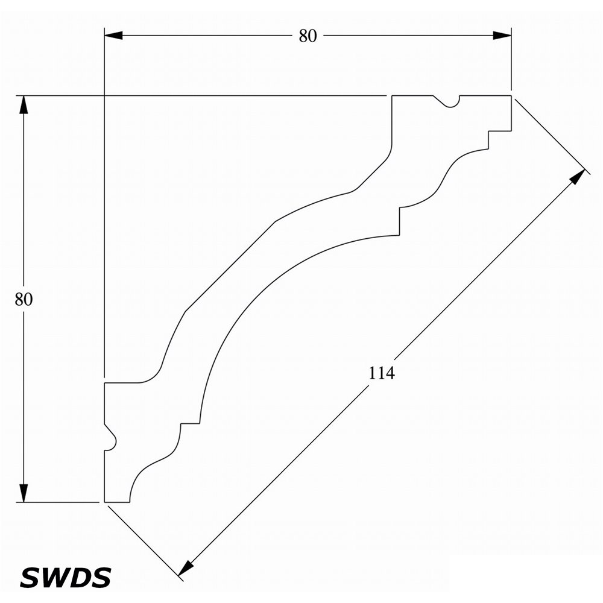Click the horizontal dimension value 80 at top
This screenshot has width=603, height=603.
click(308, 36)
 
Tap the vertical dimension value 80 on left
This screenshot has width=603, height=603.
click(24, 299)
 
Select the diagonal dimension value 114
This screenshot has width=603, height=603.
click(382, 373)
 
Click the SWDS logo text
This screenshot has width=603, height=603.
click(65, 577)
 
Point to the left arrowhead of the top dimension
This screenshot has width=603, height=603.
click(113, 36)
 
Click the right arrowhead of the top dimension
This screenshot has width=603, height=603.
click(502, 36)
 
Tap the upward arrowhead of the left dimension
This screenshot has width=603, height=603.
click(24, 104)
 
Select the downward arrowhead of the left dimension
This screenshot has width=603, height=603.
click(24, 493)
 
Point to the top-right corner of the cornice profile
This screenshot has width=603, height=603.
click(511, 95)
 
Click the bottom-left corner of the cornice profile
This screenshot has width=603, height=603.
click(104, 502)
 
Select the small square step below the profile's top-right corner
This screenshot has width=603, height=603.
click(499, 140)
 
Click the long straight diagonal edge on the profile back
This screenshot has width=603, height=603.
click(230, 266)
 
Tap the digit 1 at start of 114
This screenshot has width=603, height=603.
click(372, 373)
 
